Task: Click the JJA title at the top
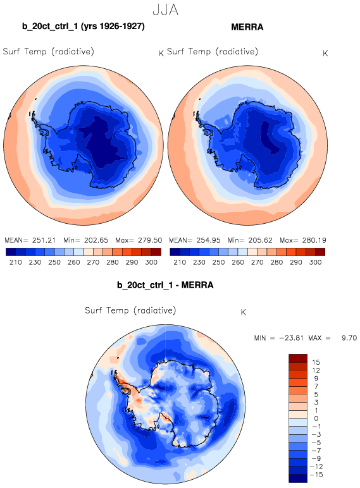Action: point(165,10)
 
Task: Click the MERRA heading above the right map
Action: point(247,27)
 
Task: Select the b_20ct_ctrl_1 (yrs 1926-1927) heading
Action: point(84,27)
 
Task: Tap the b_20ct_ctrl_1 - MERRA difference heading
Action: point(165,285)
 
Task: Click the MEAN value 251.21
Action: point(44,240)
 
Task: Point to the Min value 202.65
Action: point(96,240)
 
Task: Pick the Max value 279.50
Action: point(150,240)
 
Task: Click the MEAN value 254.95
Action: point(208,240)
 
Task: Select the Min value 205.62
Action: point(260,240)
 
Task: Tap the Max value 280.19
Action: point(314,240)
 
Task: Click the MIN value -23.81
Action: point(291,338)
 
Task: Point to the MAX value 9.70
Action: point(349,338)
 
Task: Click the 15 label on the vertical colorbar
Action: point(316,362)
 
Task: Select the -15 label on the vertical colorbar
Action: point(318,475)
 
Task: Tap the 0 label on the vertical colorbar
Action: point(316,418)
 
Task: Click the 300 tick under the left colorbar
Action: point(151,262)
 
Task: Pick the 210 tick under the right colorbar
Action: point(180,262)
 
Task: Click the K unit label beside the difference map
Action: point(243,312)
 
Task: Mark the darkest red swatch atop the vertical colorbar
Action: point(298,358)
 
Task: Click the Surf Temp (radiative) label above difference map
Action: point(130,310)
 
